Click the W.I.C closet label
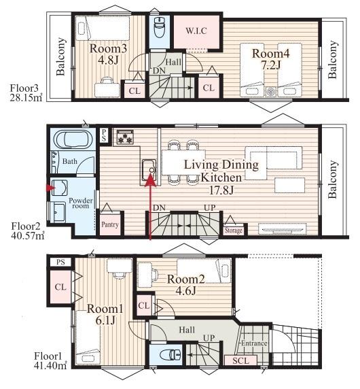click(x=196, y=31)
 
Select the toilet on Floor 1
click(x=170, y=355)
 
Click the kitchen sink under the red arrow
click(x=149, y=170)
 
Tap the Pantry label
click(x=110, y=224)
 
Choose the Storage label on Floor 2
click(x=233, y=231)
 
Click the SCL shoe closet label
click(x=240, y=360)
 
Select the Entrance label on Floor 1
click(x=254, y=343)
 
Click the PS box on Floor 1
click(x=60, y=262)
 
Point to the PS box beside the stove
click(x=104, y=135)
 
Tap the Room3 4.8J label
click(x=108, y=54)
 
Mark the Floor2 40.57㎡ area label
click(x=27, y=231)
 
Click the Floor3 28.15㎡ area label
click(x=26, y=92)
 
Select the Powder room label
click(x=81, y=203)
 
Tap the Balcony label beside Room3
click(x=60, y=56)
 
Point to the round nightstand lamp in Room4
click(x=270, y=92)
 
